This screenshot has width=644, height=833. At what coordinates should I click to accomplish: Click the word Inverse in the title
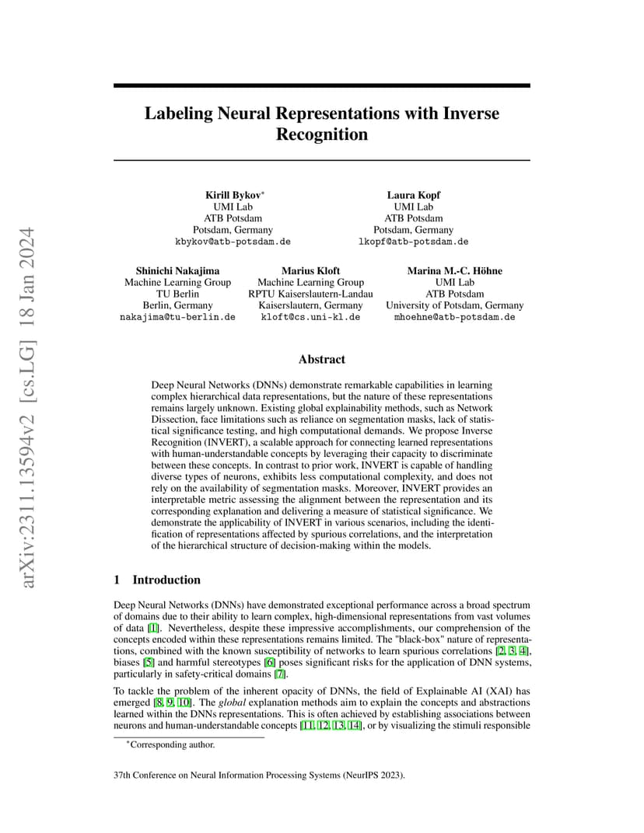tap(471, 113)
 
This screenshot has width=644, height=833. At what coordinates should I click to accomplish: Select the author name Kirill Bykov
tap(233, 195)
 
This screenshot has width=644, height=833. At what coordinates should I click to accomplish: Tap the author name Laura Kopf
tap(413, 195)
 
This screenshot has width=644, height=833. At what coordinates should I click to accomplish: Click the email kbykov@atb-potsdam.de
tap(233, 242)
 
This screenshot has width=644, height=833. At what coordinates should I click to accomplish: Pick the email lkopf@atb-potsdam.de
tap(413, 242)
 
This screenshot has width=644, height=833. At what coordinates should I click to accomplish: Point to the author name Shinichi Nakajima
tap(177, 271)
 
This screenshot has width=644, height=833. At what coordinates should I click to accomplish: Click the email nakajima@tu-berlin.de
tap(177, 317)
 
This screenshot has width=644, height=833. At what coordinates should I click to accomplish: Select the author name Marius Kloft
tap(310, 271)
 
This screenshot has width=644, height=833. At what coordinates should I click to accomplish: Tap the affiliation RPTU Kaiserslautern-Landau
tap(310, 294)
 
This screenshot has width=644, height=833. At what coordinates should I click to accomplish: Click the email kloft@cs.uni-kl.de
tap(310, 317)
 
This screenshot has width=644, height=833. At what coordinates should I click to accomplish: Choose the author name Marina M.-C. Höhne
tap(455, 271)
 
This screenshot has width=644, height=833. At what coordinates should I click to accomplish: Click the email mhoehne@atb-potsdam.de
tap(455, 317)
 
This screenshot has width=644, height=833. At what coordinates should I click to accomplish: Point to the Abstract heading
tap(322, 359)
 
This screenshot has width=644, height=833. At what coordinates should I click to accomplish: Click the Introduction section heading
tap(166, 580)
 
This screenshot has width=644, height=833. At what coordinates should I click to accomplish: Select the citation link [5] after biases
tap(149, 663)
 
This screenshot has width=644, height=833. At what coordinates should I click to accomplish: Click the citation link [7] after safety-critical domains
tap(280, 674)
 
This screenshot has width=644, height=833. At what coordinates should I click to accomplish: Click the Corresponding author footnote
tap(170, 745)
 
